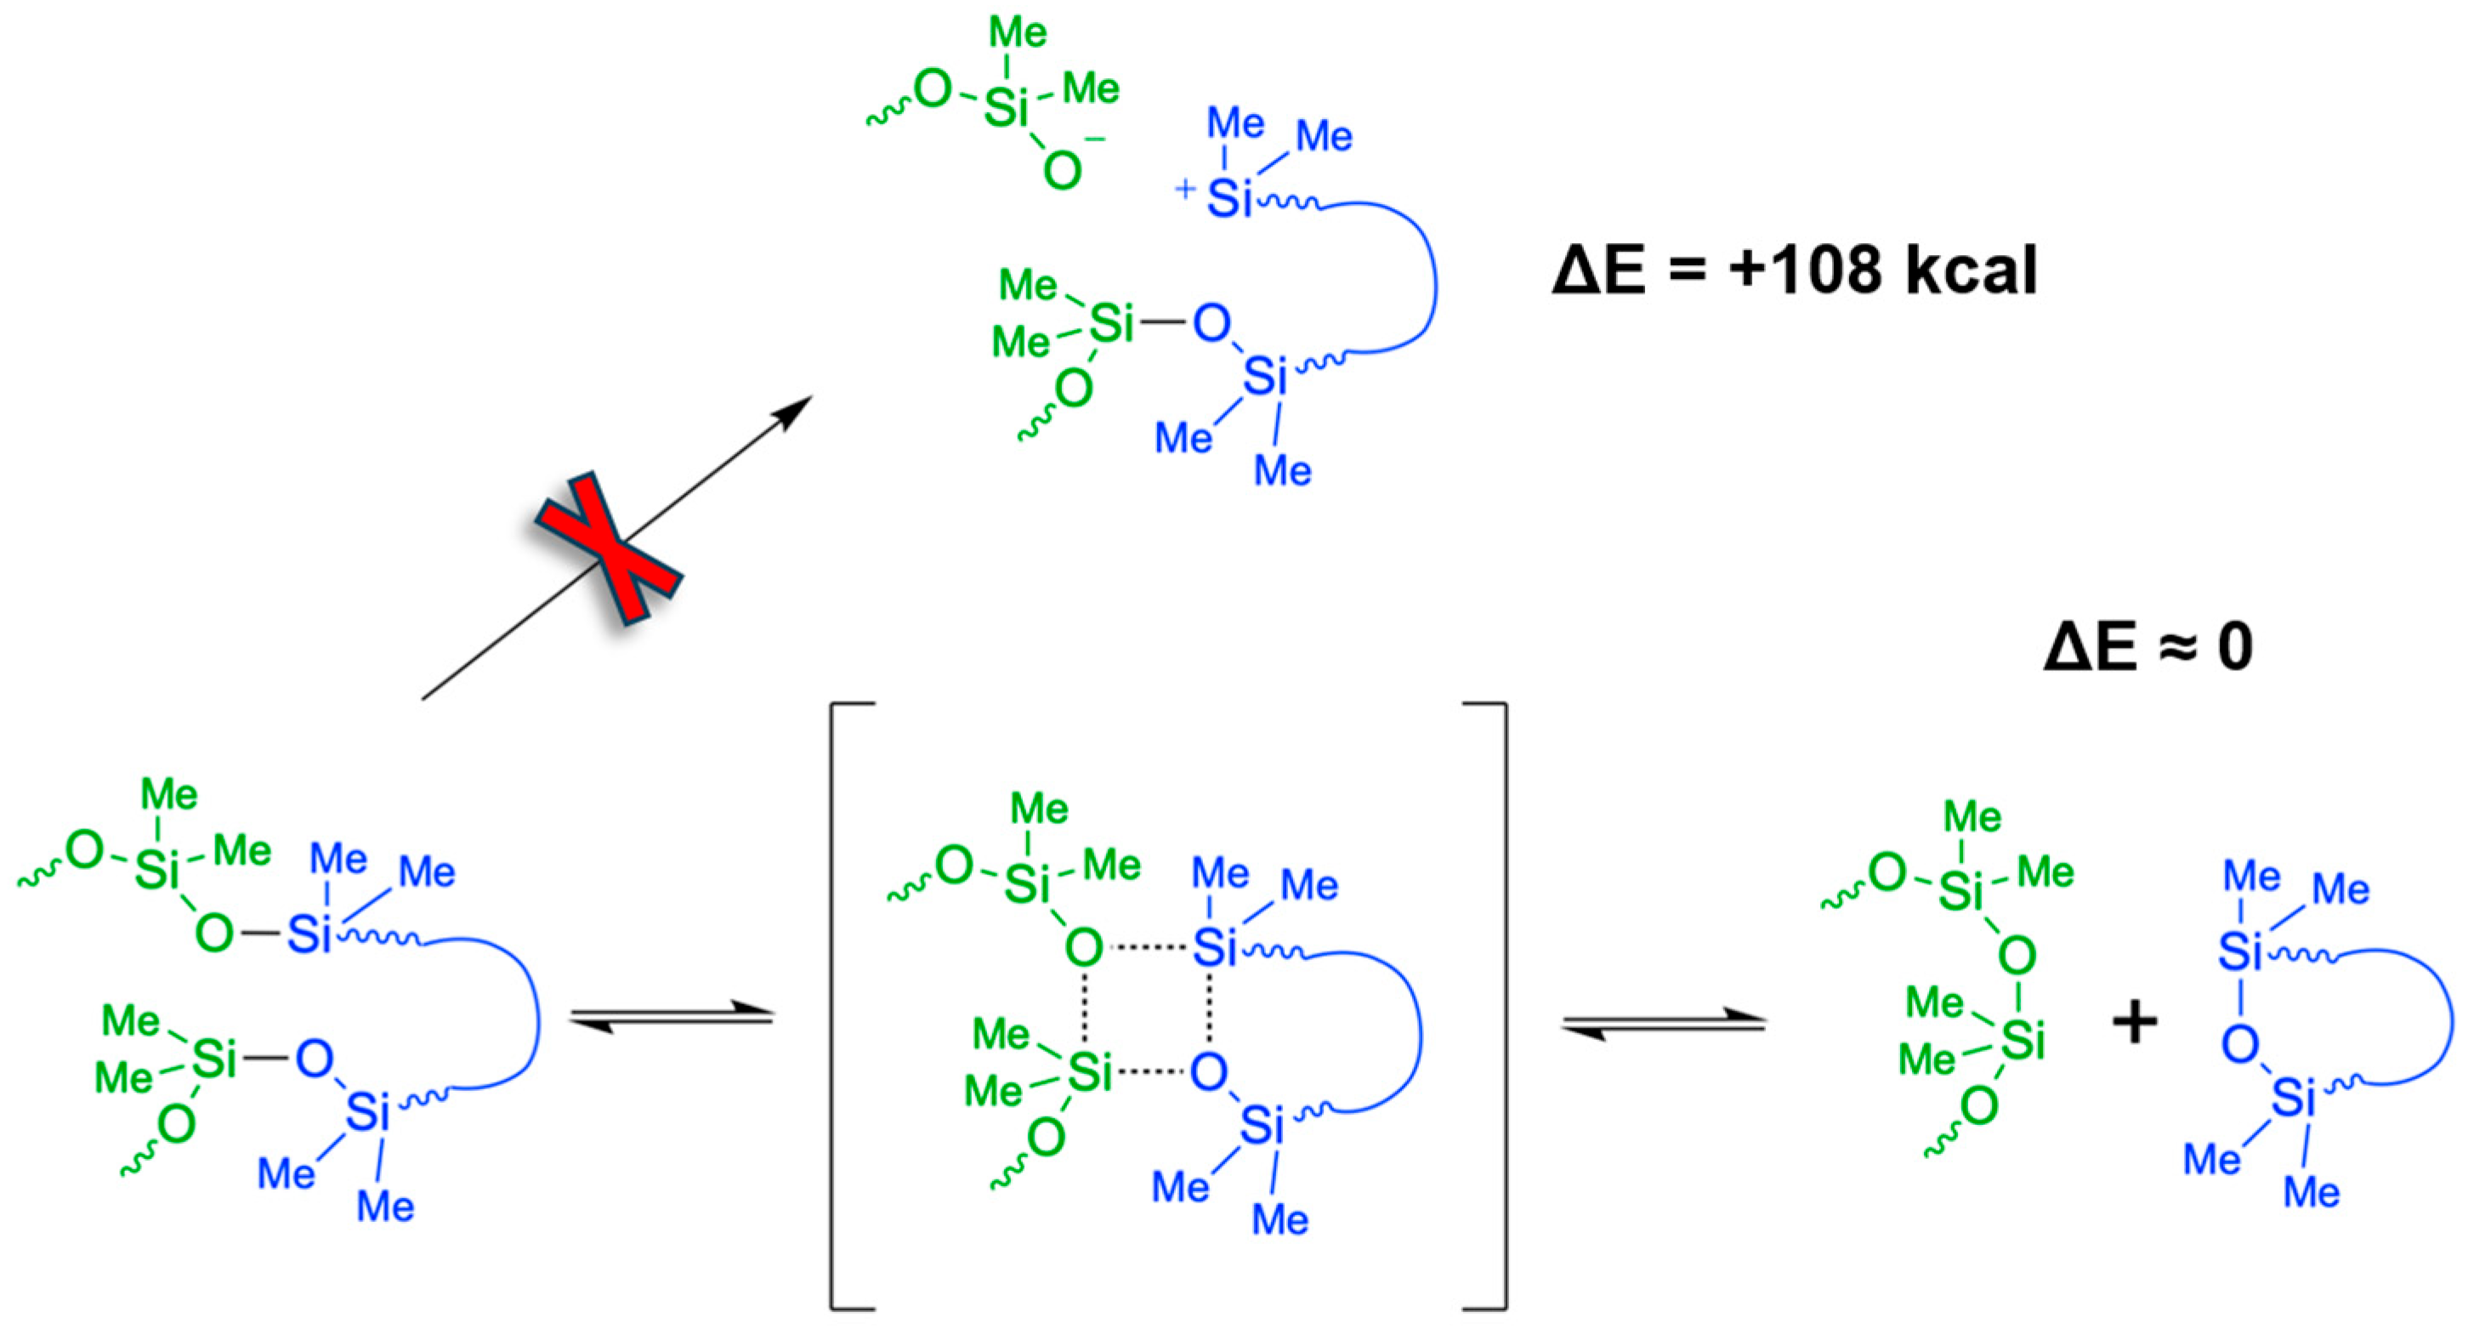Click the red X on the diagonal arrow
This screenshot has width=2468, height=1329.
tap(609, 549)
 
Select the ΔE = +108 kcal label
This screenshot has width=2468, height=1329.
tap(1794, 271)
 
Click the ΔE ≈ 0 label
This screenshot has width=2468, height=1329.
tap(2149, 646)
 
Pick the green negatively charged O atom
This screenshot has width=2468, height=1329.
tap(1063, 172)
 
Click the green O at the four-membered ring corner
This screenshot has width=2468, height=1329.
tap(1084, 947)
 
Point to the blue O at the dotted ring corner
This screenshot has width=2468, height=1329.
tap(1209, 1071)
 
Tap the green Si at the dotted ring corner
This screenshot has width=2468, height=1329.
tap(1090, 1072)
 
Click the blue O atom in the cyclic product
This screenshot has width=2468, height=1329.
tap(2241, 1044)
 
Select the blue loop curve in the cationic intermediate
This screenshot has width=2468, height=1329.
tap(1432, 278)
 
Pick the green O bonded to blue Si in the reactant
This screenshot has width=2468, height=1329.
tap(213, 932)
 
